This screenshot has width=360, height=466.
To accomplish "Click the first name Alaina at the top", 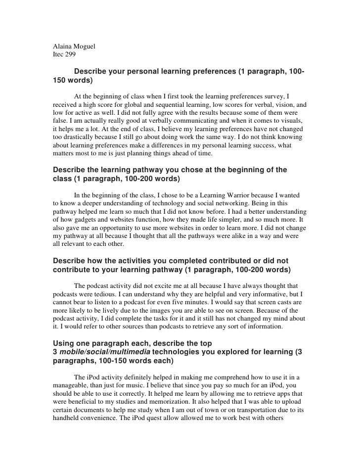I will coord(63,48).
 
